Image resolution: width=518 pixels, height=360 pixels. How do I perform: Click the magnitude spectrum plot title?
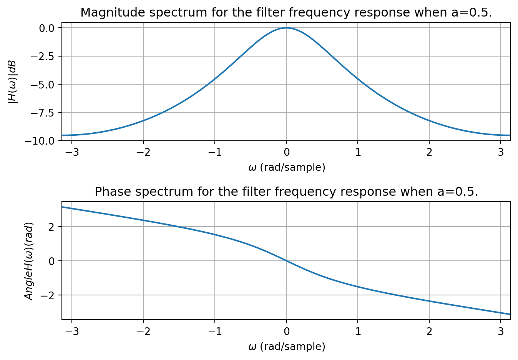point(286,13)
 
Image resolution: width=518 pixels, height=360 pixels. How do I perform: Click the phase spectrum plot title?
point(286,192)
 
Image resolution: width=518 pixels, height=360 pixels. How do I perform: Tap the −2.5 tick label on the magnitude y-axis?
point(45,56)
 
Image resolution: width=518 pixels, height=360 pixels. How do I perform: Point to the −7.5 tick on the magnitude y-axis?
point(45,113)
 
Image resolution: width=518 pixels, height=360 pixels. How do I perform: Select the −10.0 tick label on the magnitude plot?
point(43,141)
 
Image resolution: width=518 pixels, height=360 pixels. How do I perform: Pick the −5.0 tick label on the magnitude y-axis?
point(45,84)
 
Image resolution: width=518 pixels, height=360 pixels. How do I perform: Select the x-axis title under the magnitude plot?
point(287,168)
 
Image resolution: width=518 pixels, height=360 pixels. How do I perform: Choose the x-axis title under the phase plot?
point(287,347)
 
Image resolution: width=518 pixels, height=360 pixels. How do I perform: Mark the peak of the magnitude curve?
point(286,28)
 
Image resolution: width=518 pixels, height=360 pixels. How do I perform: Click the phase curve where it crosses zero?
point(286,261)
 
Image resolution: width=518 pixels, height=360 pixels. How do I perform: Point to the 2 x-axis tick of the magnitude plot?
point(429,152)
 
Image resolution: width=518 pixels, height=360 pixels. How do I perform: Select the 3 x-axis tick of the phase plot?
point(501,332)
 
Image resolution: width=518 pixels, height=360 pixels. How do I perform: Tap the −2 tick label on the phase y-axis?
point(50,295)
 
